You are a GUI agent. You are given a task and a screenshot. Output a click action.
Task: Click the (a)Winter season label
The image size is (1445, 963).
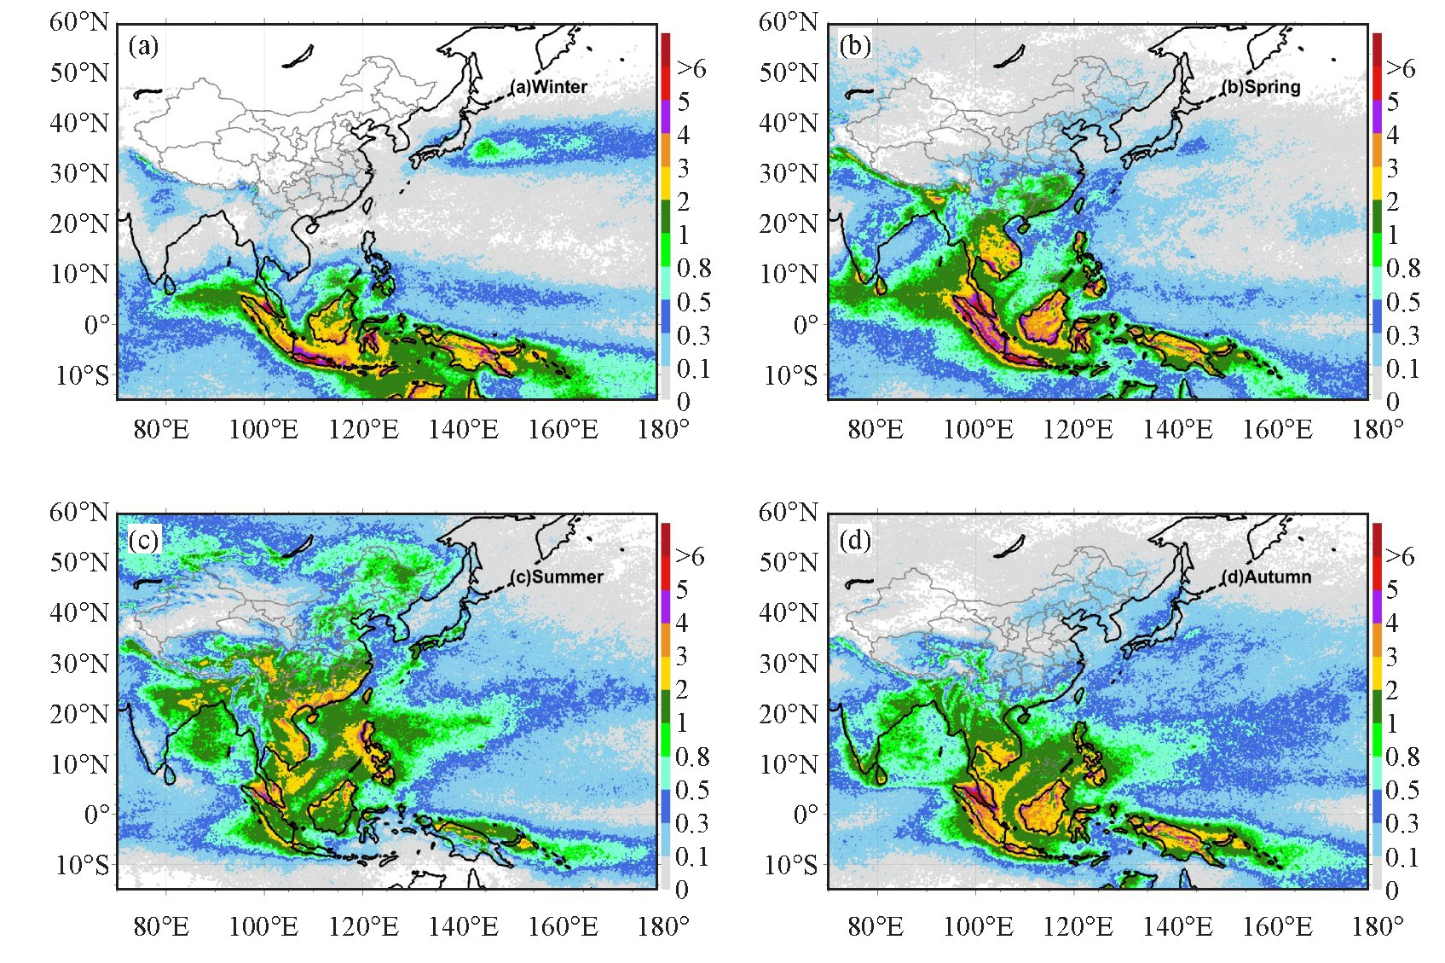click(x=548, y=86)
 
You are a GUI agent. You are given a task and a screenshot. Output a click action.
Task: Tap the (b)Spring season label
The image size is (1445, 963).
click(x=1261, y=86)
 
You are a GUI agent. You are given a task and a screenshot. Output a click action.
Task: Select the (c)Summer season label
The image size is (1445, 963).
click(x=556, y=577)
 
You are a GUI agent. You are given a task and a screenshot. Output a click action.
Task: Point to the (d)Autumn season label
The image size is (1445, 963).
click(x=1266, y=577)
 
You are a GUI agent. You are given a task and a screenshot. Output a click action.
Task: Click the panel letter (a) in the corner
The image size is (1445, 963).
click(x=143, y=46)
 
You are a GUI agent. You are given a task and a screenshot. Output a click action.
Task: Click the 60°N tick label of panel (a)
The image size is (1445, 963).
click(x=79, y=22)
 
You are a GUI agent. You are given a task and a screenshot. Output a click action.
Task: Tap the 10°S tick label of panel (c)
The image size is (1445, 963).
click(x=82, y=864)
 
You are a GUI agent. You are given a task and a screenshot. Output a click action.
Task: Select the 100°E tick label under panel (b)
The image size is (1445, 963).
click(x=978, y=429)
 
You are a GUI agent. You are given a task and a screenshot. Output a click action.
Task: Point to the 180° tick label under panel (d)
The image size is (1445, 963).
click(x=1378, y=927)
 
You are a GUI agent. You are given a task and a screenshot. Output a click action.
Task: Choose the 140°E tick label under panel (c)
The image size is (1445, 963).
click(x=463, y=927)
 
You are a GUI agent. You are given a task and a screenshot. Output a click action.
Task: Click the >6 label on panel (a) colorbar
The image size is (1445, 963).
click(x=691, y=67)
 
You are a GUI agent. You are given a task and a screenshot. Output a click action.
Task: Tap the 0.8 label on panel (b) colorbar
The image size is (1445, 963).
click(x=1403, y=268)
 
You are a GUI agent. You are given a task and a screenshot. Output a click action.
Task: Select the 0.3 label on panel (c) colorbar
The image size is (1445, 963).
click(x=692, y=823)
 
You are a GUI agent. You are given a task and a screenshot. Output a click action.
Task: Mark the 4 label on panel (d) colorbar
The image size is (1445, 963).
click(x=1392, y=623)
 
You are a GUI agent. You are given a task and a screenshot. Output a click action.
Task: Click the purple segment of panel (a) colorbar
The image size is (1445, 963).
click(x=666, y=118)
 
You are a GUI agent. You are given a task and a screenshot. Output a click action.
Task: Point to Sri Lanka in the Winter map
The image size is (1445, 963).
click(x=169, y=285)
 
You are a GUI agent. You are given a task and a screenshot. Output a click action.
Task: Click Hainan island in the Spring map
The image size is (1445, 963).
click(x=1022, y=227)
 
